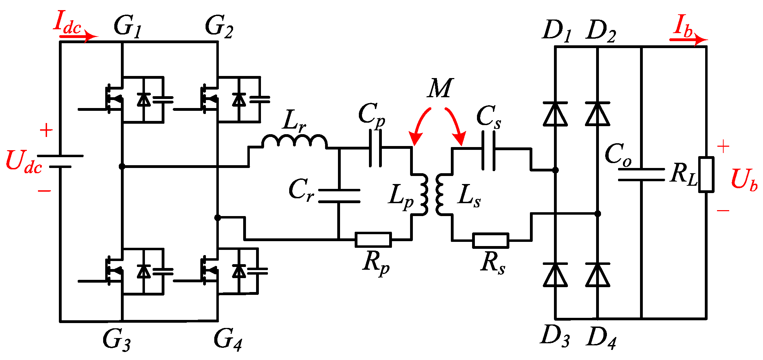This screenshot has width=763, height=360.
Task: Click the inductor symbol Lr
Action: pos(294,141)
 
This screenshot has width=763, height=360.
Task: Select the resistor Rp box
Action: pos(373,240)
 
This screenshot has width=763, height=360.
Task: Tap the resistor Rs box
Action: pos(491,240)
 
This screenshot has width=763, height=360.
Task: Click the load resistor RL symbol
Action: pos(706,174)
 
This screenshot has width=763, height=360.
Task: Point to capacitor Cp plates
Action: pos(375,148)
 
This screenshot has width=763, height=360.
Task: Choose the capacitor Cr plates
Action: pos(339,196)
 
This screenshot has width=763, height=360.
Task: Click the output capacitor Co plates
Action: pos(641,175)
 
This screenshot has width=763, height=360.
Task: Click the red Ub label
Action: pos(744,180)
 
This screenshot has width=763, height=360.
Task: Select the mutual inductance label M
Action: pos(440,88)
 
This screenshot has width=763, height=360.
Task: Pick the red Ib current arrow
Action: pos(688,39)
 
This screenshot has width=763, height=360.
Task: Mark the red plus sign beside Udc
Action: pos(46,131)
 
